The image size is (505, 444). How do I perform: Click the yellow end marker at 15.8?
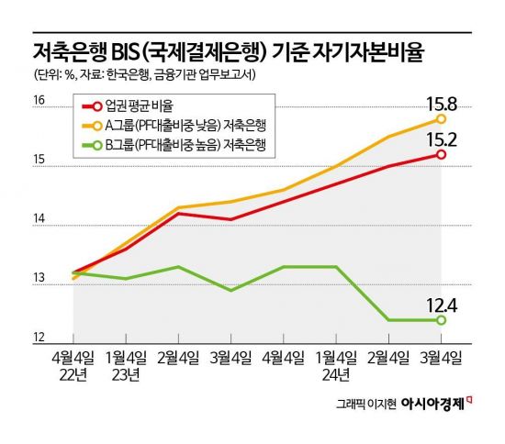tap(442, 118)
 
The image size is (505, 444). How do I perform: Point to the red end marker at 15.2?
tap(442, 154)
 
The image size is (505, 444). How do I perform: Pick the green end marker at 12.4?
tap(442, 320)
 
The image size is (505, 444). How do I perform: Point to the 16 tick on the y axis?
tap(39, 100)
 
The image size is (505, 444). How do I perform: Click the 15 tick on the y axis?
tap(39, 160)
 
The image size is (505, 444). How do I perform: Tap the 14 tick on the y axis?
tap(39, 219)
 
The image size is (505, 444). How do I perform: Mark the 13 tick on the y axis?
tap(39, 280)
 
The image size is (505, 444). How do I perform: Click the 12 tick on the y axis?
tap(39, 339)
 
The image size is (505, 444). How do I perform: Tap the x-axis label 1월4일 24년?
tap(337, 365)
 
